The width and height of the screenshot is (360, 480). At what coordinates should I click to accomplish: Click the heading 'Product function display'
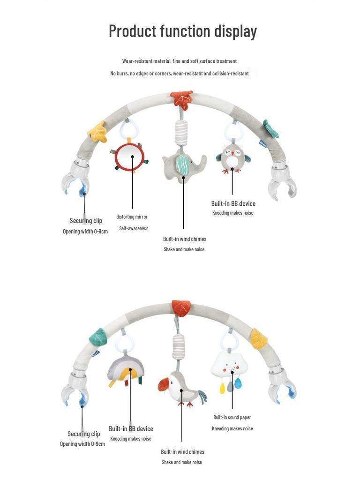click(x=183, y=31)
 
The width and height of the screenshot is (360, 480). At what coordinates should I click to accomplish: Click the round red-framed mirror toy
click(x=129, y=157)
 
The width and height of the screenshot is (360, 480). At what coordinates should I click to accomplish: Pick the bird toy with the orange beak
click(x=182, y=389)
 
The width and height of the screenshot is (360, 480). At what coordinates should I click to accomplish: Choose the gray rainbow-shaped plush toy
click(x=126, y=370)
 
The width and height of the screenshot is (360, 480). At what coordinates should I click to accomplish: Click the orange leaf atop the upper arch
click(x=182, y=99)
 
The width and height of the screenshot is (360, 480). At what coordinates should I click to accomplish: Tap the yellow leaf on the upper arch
click(x=97, y=132)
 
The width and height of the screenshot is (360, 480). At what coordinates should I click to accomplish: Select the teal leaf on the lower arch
click(x=98, y=337)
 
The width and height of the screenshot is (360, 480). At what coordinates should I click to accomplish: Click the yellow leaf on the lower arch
click(x=259, y=338)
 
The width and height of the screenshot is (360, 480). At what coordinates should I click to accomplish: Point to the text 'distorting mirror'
click(x=132, y=217)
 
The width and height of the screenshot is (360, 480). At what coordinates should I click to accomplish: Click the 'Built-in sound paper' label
click(x=232, y=417)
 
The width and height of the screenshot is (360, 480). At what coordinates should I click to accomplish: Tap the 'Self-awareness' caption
click(x=134, y=228)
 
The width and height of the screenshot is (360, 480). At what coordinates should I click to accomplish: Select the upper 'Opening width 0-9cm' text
click(x=85, y=232)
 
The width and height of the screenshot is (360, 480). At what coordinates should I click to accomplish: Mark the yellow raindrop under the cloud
click(x=223, y=388)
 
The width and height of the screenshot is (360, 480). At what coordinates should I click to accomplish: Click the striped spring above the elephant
click(x=181, y=133)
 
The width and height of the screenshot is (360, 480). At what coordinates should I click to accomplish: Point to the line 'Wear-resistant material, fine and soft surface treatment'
click(x=180, y=61)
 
